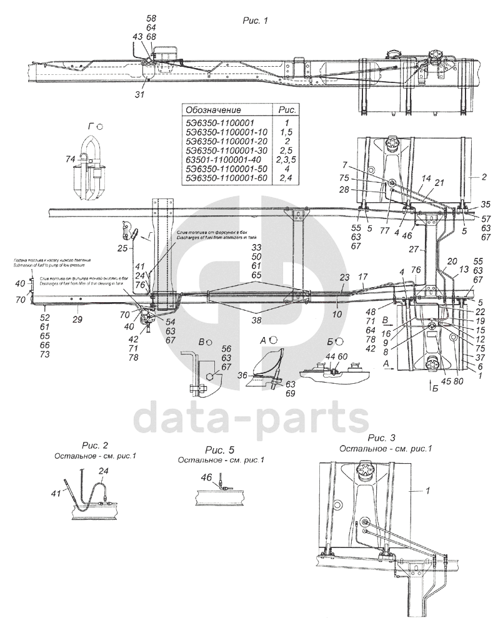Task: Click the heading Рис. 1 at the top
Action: click(x=254, y=21)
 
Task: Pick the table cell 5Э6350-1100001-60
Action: click(x=226, y=179)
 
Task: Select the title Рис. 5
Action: click(x=220, y=449)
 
